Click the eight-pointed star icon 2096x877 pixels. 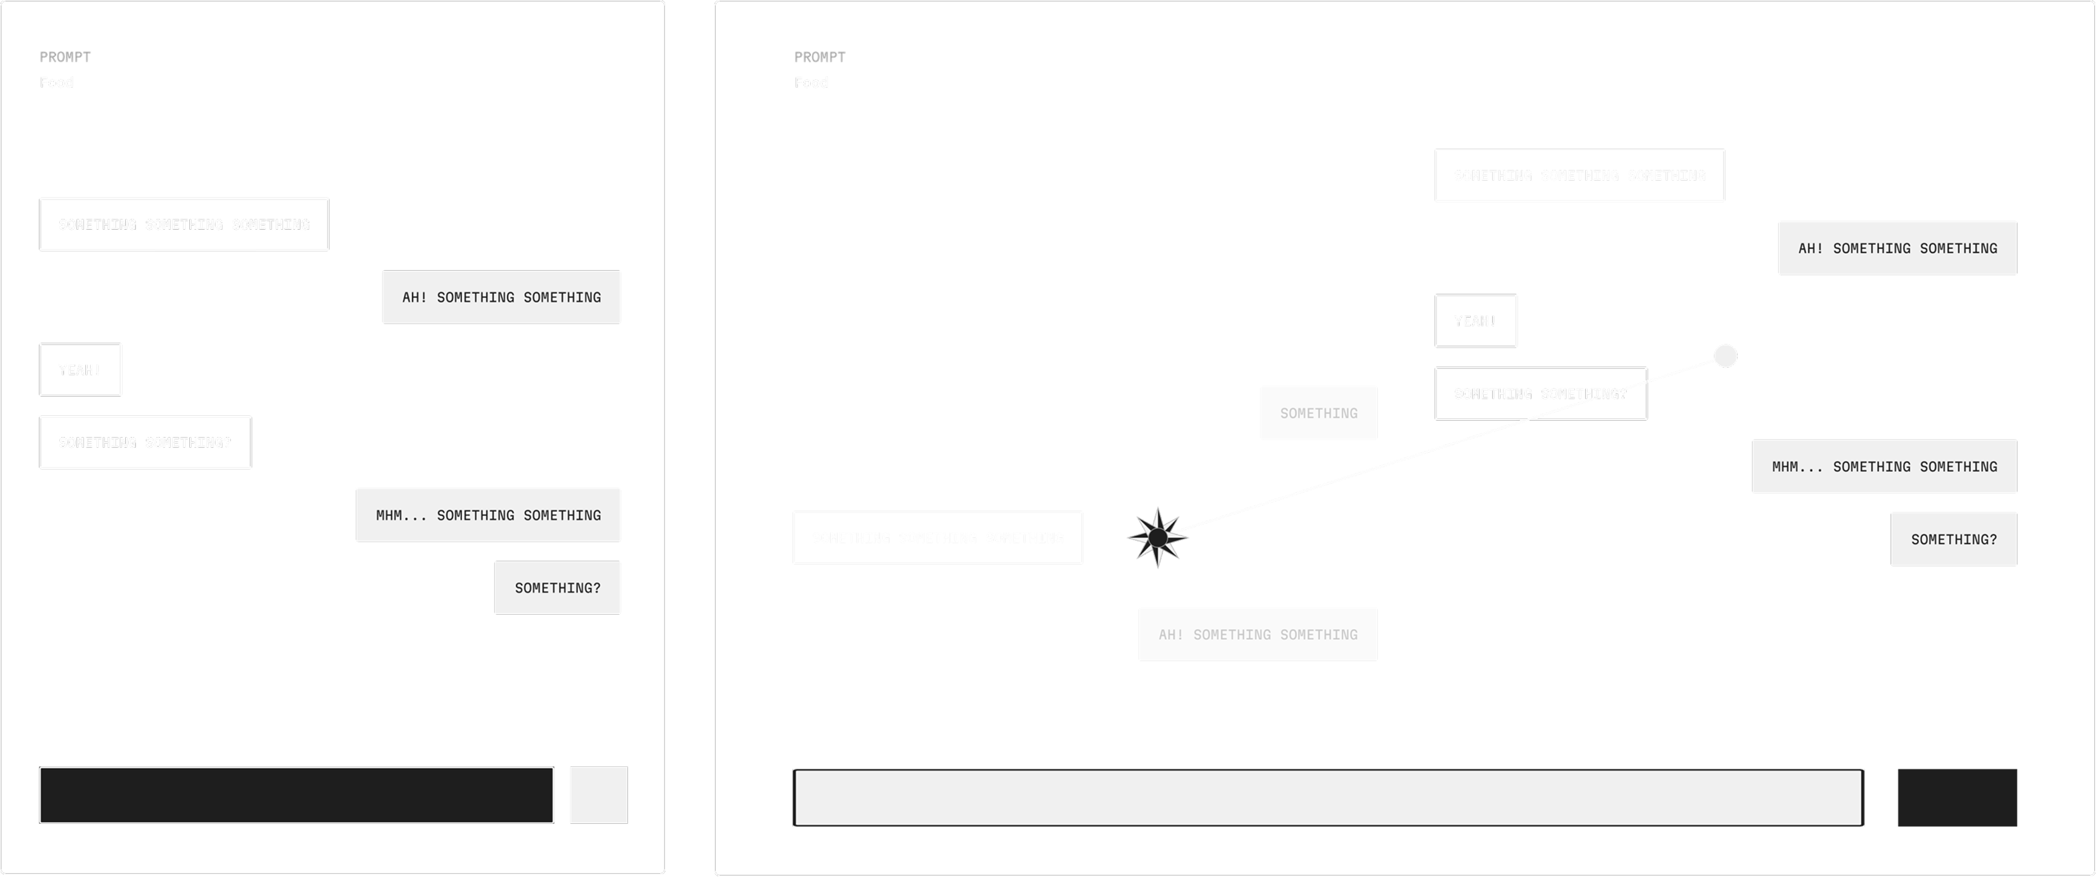1158,538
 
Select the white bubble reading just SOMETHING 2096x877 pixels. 1318,413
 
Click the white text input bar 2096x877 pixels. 1328,797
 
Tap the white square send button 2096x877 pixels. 598,795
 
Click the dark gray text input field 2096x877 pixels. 296,795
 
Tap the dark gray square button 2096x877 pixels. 1957,797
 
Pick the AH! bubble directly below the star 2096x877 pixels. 1257,635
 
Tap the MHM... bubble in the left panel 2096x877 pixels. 488,515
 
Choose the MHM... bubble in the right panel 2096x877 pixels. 1884,466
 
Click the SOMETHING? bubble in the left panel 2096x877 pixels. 557,587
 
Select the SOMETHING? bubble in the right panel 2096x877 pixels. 1953,539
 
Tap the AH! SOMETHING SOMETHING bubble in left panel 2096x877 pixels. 501,297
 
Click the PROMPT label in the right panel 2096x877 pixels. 819,57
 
